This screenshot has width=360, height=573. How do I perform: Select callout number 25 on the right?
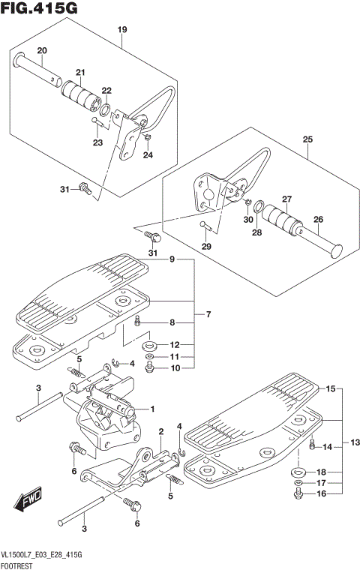click(307, 139)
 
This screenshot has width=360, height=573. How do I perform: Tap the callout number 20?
click(42, 50)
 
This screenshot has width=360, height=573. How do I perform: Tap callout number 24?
click(147, 155)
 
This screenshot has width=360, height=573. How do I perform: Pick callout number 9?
click(172, 259)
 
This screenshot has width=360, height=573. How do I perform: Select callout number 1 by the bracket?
click(151, 409)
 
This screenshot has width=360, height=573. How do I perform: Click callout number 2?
click(161, 430)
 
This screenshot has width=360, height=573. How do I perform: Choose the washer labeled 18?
click(298, 472)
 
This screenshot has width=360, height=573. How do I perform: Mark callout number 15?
click(329, 389)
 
